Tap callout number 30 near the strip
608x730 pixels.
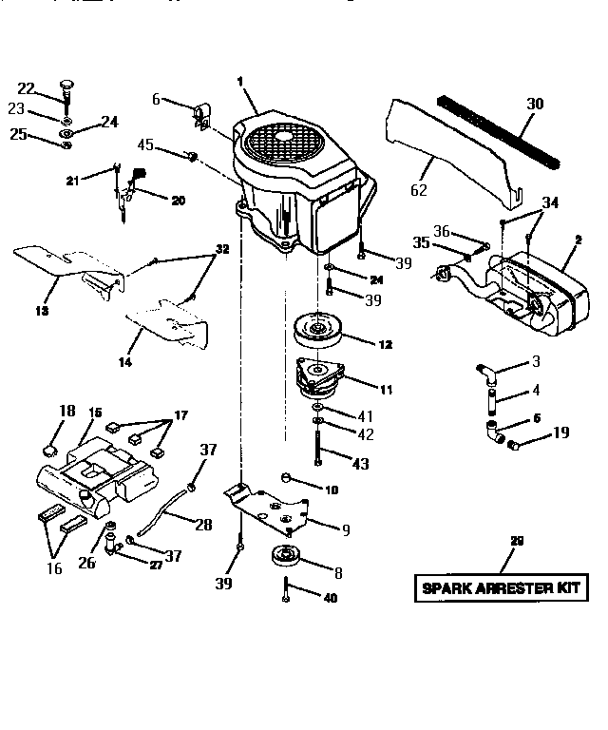[535, 104]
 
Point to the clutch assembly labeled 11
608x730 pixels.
[320, 377]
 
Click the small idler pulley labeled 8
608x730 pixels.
[285, 556]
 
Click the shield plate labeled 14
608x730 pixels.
[171, 321]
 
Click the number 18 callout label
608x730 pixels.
[67, 410]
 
